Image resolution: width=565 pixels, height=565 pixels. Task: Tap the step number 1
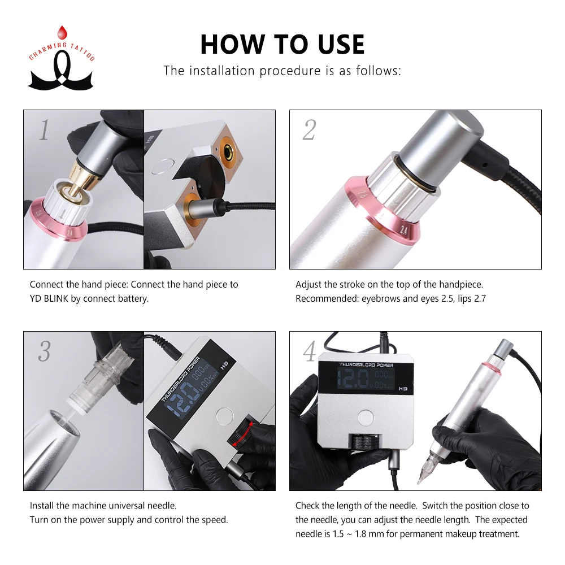(44, 130)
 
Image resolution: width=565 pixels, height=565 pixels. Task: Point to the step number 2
(309, 130)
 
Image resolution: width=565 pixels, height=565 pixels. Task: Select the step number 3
(44, 351)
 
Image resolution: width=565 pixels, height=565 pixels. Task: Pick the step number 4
(309, 351)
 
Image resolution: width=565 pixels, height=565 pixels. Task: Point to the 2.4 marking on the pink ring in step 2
(404, 230)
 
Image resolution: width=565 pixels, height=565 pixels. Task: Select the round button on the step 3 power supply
(225, 416)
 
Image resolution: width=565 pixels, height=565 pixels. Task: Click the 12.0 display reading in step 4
(353, 379)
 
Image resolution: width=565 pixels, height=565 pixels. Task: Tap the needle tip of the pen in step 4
(419, 482)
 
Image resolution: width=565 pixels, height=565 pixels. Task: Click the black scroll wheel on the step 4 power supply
(364, 441)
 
